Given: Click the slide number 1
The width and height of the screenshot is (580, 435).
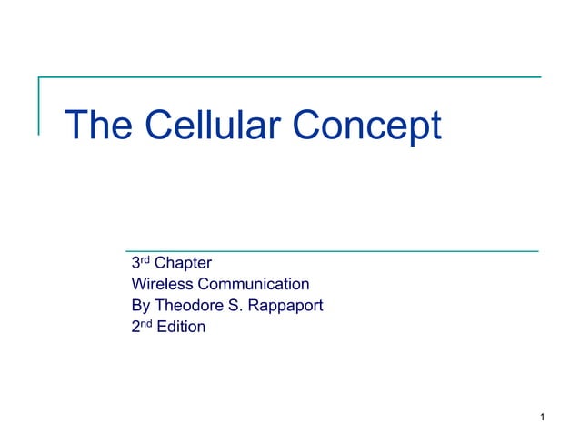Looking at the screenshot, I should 541,419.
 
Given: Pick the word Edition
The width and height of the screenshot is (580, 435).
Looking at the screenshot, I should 180,327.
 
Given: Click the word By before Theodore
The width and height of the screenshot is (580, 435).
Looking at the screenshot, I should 141,306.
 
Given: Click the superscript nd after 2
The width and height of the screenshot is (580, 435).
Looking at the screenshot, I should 146,322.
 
